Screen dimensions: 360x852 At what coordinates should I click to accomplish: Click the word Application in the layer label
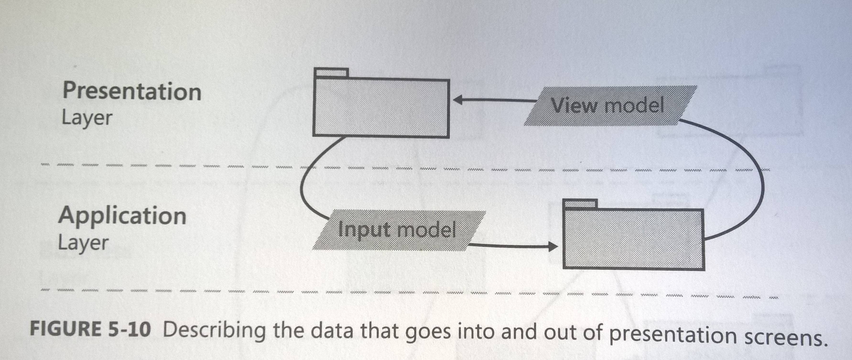[122, 216]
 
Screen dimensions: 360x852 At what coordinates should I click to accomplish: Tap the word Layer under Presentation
[87, 118]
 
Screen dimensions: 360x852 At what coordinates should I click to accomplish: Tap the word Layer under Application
[83, 243]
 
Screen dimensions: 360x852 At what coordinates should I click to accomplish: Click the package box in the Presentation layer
[381, 107]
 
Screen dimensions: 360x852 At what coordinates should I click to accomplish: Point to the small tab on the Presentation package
[331, 73]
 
